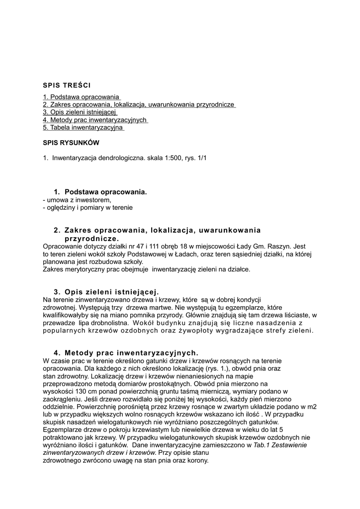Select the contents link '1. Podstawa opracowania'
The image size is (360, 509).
[x=81, y=96]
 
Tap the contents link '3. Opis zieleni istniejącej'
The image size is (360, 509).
[x=76, y=112]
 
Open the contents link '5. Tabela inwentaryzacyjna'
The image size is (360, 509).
[x=83, y=128]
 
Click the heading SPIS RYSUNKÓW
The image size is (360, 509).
[x=71, y=143]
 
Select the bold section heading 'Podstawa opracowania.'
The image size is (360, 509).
[x=105, y=192]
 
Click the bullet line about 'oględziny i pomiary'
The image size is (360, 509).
[x=88, y=207]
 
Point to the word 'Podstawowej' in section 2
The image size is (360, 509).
[x=145, y=254]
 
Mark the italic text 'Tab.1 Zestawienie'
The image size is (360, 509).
[x=280, y=445]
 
